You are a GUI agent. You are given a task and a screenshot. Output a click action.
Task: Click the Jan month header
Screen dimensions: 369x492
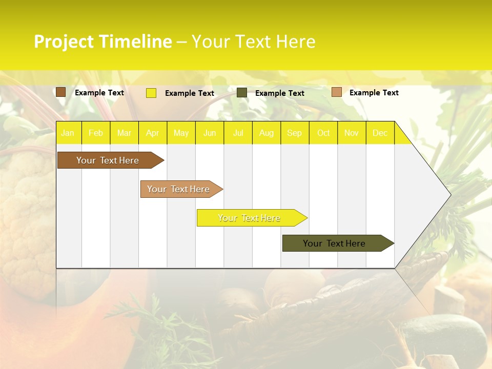(x=68, y=133)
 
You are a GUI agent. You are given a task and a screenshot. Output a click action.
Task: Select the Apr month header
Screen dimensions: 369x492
(x=153, y=133)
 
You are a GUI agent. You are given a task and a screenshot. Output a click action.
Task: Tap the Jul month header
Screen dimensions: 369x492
(x=238, y=133)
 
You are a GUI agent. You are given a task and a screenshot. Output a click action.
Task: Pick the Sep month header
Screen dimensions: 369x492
(x=294, y=133)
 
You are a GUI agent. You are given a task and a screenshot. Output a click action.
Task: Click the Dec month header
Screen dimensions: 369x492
(x=380, y=133)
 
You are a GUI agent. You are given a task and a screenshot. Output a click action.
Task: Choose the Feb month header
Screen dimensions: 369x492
(x=96, y=133)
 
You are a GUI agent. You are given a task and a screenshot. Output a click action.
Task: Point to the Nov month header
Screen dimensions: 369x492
(x=352, y=133)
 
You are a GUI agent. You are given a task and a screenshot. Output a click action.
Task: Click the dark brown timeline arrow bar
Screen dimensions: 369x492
(x=108, y=160)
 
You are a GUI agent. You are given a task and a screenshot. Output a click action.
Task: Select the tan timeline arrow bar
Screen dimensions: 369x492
(x=179, y=189)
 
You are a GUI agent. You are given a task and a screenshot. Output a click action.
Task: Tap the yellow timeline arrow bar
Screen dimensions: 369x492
(x=250, y=218)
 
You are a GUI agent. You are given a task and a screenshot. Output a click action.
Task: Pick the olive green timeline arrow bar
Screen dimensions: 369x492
(x=335, y=243)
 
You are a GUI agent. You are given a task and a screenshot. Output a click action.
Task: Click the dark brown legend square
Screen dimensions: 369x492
(x=61, y=92)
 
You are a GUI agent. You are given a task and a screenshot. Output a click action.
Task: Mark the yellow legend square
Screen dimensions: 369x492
(x=151, y=93)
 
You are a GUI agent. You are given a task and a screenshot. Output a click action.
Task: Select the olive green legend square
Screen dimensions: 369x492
(x=242, y=93)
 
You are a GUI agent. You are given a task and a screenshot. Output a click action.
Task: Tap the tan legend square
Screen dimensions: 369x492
(x=337, y=92)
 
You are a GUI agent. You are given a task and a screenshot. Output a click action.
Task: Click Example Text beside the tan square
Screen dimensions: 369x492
(x=374, y=93)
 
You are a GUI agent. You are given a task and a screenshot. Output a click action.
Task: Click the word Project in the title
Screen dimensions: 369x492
(x=64, y=42)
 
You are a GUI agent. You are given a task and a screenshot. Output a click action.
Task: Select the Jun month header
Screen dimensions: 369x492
(x=210, y=133)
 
